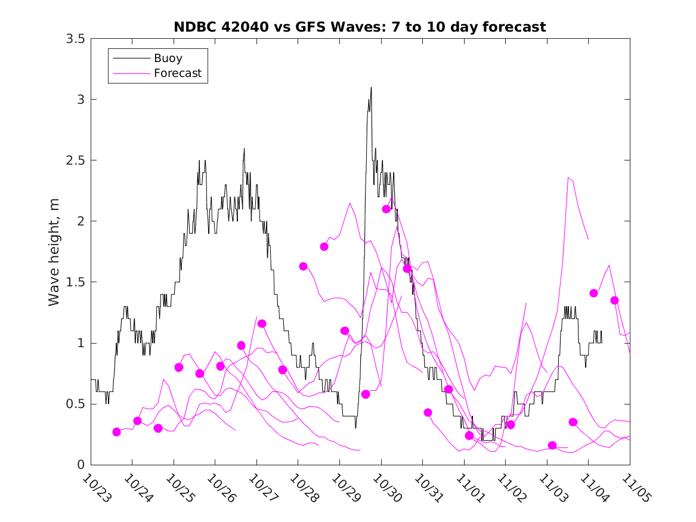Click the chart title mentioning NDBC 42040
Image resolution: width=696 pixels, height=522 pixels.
pos(360,27)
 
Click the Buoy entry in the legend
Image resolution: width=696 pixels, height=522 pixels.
pos(168,58)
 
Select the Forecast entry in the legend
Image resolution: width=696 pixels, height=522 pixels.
pos(177,73)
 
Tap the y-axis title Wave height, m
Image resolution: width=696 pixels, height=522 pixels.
pos(54,252)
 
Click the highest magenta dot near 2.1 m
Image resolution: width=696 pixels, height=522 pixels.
pos(386,209)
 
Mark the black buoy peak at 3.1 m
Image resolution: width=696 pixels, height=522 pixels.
pos(371,88)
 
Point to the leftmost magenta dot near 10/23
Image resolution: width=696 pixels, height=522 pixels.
pos(116,432)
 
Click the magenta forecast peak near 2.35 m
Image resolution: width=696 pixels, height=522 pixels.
pos(568,177)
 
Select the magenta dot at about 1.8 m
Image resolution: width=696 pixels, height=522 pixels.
pos(324,246)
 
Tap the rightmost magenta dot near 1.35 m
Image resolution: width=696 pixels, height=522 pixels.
pos(614,300)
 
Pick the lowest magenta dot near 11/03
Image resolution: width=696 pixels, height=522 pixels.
pos(552,445)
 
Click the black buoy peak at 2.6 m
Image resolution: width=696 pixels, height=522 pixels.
pos(244,149)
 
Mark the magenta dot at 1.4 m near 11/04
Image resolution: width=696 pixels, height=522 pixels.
pos(593,293)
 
